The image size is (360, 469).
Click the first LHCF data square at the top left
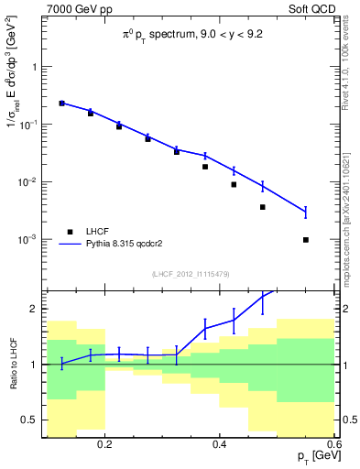pyautogui.click(x=61, y=104)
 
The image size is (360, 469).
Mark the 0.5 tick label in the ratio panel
pyautogui.click(x=30, y=420)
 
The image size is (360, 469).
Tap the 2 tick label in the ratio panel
pyautogui.click(x=34, y=309)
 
